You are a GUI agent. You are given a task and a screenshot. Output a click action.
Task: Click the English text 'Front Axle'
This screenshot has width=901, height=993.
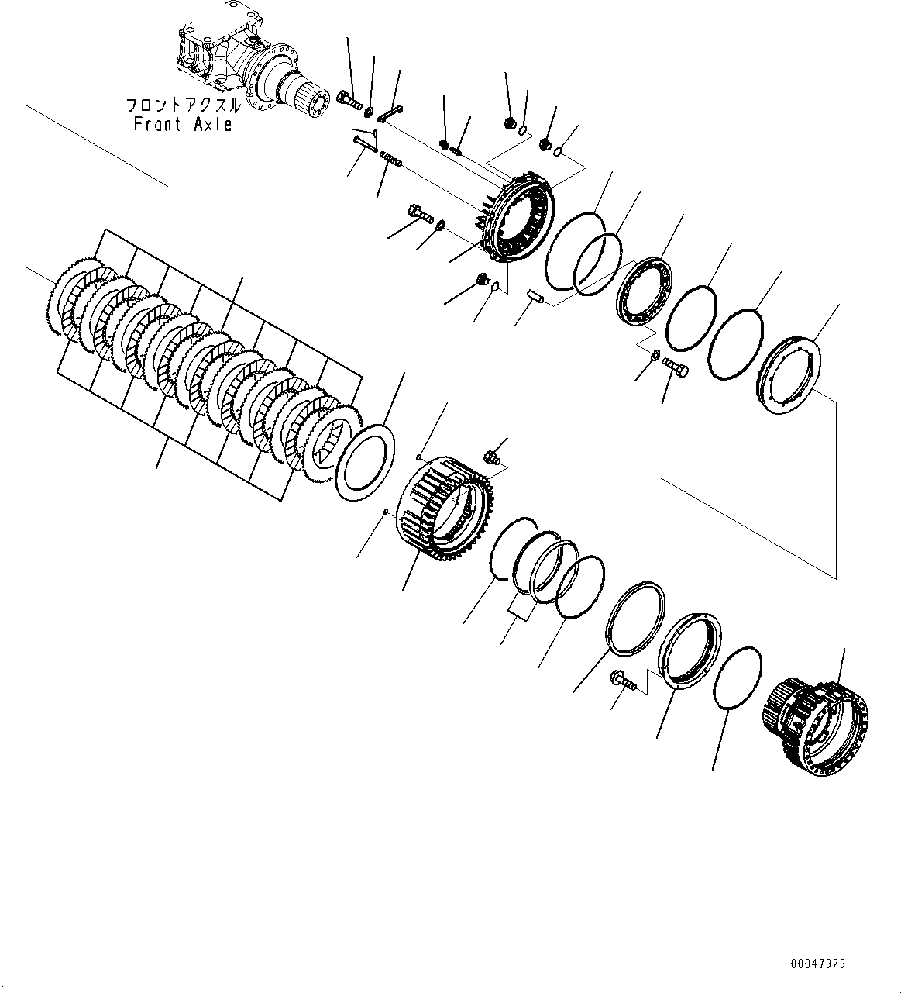pos(183,124)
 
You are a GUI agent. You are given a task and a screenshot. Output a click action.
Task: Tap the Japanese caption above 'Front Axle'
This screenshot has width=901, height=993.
pos(183,105)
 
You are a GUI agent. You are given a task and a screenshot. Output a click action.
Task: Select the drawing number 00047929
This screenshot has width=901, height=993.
pos(818,964)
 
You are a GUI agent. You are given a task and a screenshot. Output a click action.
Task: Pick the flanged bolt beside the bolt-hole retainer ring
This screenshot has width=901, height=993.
pos(624,680)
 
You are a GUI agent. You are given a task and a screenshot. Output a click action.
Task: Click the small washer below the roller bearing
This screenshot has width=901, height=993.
pos(655,357)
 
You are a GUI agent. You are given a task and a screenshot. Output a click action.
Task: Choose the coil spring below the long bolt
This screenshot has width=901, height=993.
pos(392,162)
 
